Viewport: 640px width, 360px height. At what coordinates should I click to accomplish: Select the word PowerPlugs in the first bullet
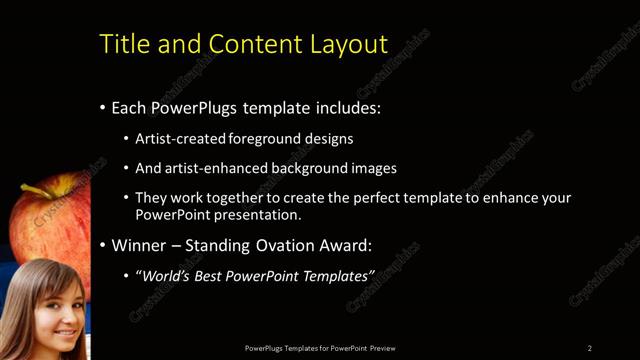point(190,108)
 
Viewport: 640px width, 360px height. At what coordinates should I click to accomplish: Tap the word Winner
point(139,245)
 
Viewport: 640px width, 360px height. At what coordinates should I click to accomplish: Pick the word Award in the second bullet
point(341,245)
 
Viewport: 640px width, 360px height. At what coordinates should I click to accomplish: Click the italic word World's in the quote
point(167,275)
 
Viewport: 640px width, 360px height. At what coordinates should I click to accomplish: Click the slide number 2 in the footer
point(590,347)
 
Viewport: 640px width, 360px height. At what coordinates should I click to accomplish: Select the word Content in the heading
point(246,44)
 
